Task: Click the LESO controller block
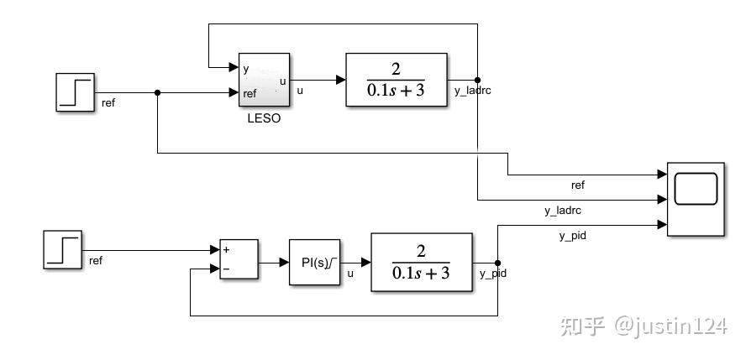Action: (264, 80)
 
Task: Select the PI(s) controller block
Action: (314, 262)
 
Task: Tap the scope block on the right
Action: (696, 199)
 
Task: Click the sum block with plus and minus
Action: (239, 259)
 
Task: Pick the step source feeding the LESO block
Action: (75, 92)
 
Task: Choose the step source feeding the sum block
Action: (62, 250)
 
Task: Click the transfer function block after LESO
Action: (397, 80)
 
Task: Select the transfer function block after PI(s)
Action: (422, 262)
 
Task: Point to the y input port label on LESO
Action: (245, 70)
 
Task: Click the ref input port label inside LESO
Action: (250, 93)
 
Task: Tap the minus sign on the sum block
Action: (227, 269)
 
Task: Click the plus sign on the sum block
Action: (227, 249)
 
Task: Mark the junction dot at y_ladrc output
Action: (477, 80)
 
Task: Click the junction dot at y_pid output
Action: (497, 263)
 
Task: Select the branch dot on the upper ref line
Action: (157, 92)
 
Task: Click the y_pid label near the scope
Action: (572, 236)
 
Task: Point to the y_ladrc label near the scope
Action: (563, 211)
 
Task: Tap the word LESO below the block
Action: (264, 118)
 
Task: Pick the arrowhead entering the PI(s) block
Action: (284, 262)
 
